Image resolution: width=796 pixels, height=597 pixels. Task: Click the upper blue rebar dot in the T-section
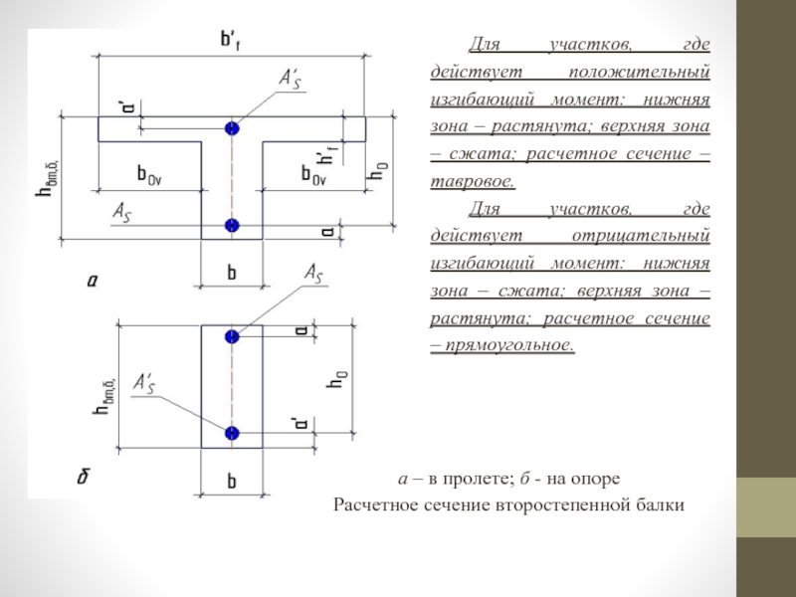coord(232,128)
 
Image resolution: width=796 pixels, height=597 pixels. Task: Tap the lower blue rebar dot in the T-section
coord(232,225)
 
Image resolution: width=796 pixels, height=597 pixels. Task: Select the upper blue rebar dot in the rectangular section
coord(232,336)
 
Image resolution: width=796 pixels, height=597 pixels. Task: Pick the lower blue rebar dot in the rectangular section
coord(232,433)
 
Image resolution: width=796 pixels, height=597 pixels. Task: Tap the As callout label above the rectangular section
coord(310,273)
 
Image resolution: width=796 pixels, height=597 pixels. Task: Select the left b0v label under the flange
coord(148,173)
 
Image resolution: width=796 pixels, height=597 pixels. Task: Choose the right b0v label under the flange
coord(311,173)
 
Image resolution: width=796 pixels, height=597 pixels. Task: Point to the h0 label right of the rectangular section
coord(341,380)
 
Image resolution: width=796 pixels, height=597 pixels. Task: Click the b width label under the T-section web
coord(232,271)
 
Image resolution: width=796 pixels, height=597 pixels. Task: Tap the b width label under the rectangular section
coord(232,482)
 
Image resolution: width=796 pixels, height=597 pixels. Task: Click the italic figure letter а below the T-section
coord(92,282)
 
